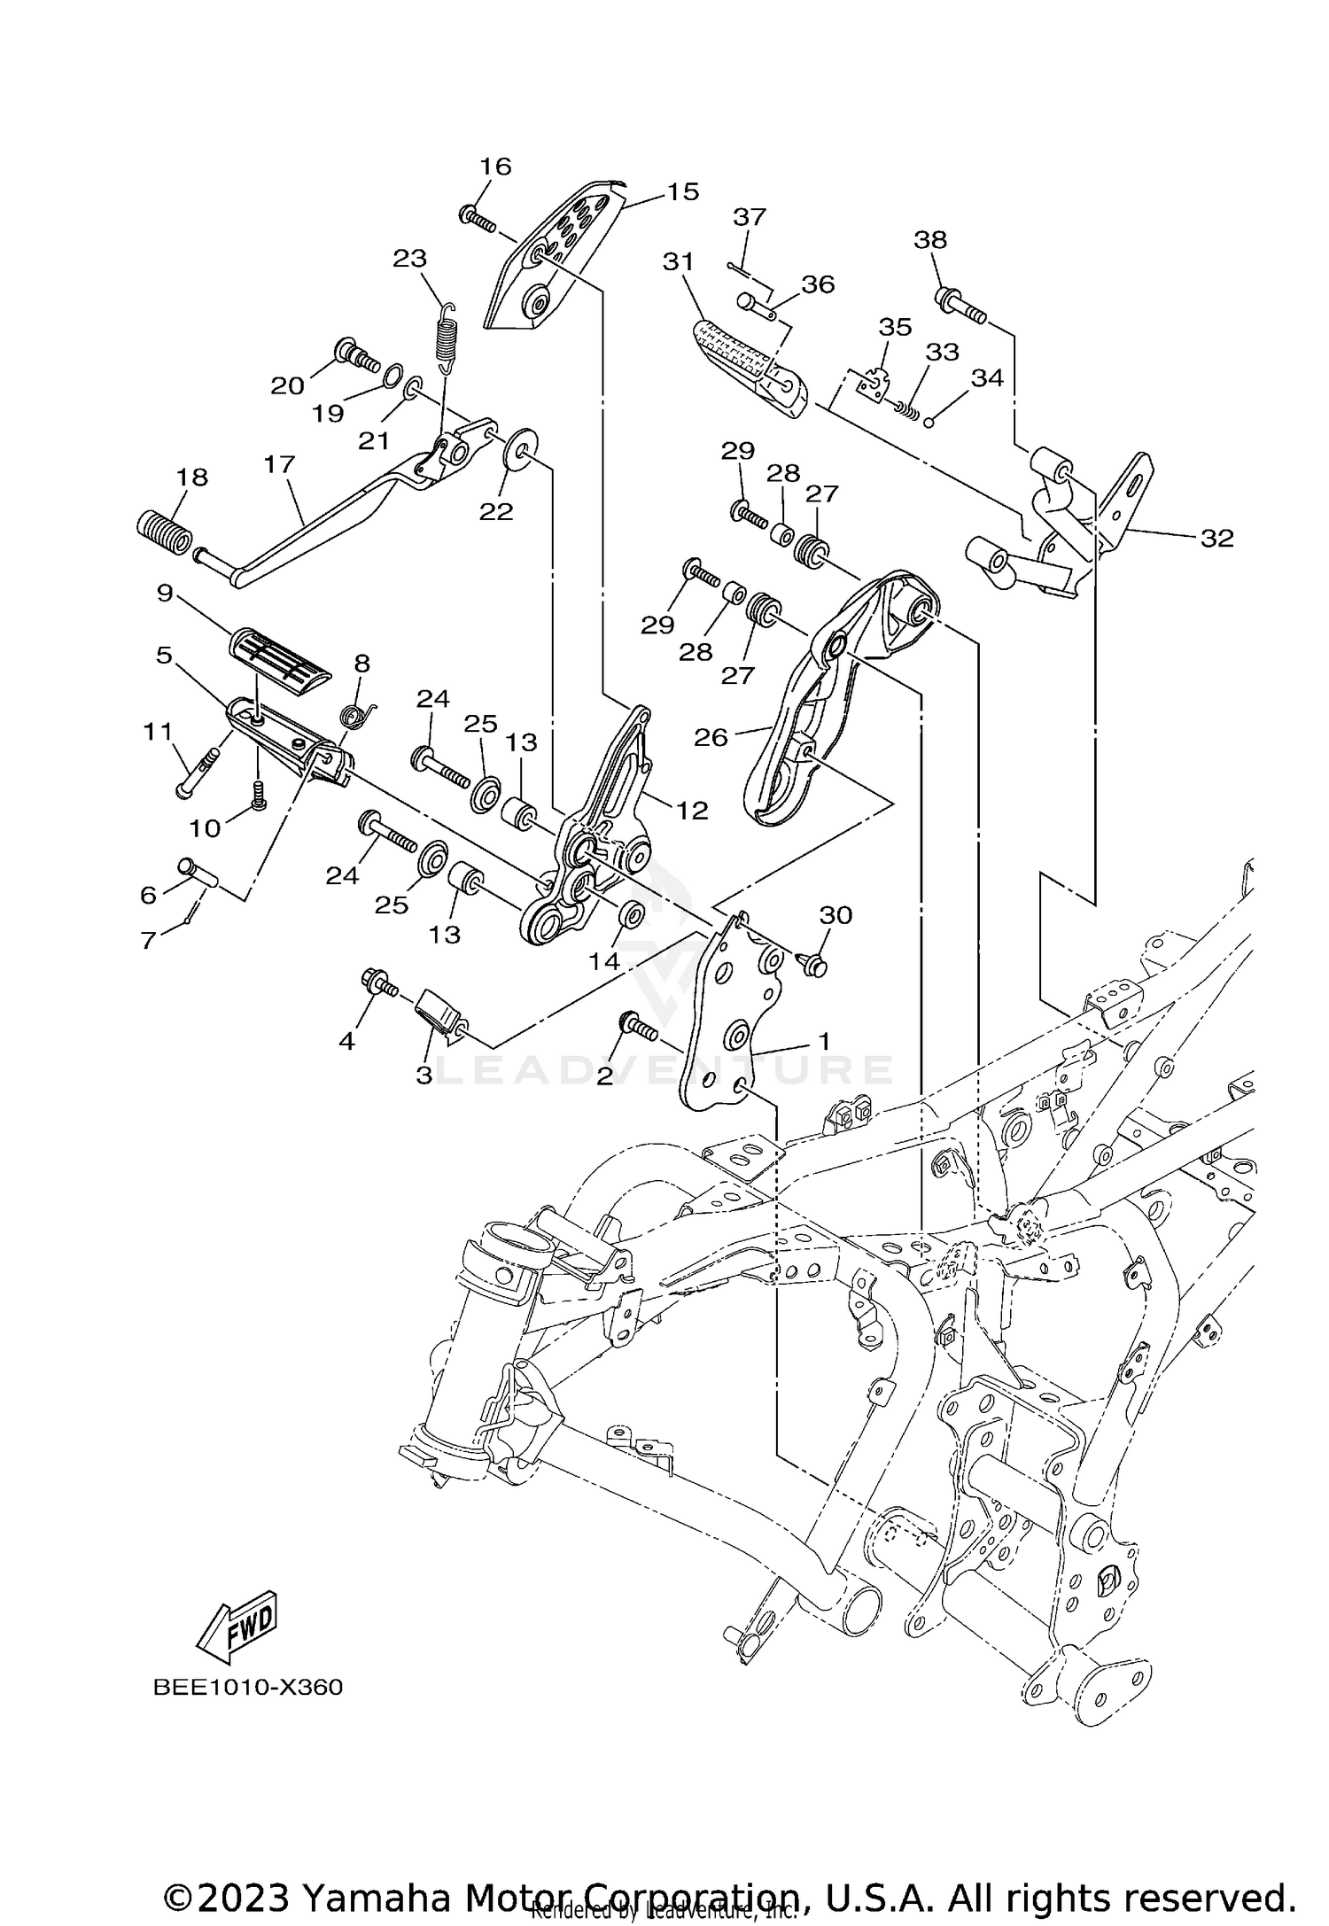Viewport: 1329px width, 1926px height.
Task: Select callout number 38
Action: (930, 239)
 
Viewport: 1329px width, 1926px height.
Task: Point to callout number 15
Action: (683, 191)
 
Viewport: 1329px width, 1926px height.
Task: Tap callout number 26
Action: (711, 736)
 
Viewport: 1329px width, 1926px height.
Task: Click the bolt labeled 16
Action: (476, 218)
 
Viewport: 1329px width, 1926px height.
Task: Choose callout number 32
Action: (1216, 538)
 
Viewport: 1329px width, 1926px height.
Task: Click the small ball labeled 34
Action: (929, 422)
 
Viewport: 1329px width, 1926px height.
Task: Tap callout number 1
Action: (823, 1041)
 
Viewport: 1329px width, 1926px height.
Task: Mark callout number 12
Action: (692, 810)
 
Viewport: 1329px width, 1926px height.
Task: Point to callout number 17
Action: (279, 463)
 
